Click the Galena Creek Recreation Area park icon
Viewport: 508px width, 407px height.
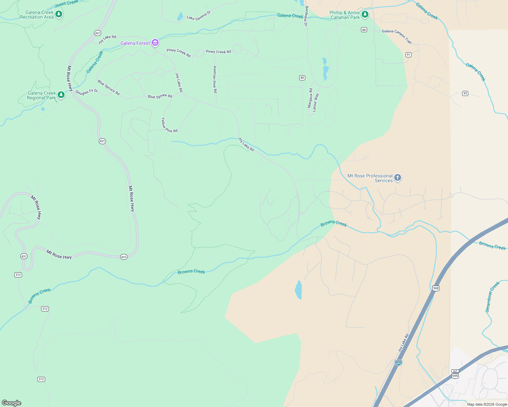point(59,14)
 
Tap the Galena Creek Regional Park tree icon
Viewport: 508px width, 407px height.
point(61,95)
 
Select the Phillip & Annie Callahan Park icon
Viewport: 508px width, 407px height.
point(365,14)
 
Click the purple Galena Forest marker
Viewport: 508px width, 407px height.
point(155,43)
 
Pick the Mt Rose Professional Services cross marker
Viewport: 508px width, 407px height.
point(398,177)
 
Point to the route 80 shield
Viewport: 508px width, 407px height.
point(364,30)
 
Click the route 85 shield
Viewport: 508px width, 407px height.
point(302,78)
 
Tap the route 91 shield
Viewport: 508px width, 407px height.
point(409,55)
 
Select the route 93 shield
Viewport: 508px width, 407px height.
point(465,93)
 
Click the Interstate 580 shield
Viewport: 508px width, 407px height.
point(398,363)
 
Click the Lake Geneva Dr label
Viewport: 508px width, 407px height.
point(199,16)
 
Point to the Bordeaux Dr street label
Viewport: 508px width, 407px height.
point(306,16)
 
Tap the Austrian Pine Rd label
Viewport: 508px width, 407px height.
point(215,79)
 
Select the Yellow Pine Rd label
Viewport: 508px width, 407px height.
point(169,125)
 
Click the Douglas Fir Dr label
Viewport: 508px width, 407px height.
point(87,92)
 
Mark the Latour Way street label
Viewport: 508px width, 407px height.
point(315,102)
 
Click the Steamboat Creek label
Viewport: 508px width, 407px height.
point(492,297)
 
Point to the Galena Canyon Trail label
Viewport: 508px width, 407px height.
point(397,36)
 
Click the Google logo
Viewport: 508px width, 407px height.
point(12,403)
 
